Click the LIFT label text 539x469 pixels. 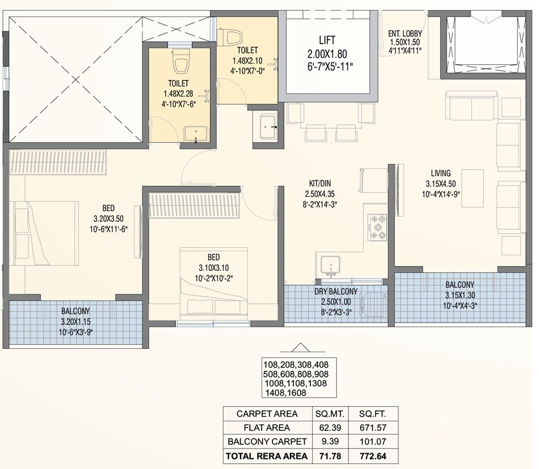327,40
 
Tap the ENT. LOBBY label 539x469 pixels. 405,33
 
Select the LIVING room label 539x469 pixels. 440,173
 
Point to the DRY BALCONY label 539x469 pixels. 336,291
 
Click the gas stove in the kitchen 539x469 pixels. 378,227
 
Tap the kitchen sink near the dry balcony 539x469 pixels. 330,264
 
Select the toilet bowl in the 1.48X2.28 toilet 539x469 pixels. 181,62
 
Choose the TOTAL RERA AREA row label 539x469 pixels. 266,455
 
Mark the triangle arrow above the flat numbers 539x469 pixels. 300,348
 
